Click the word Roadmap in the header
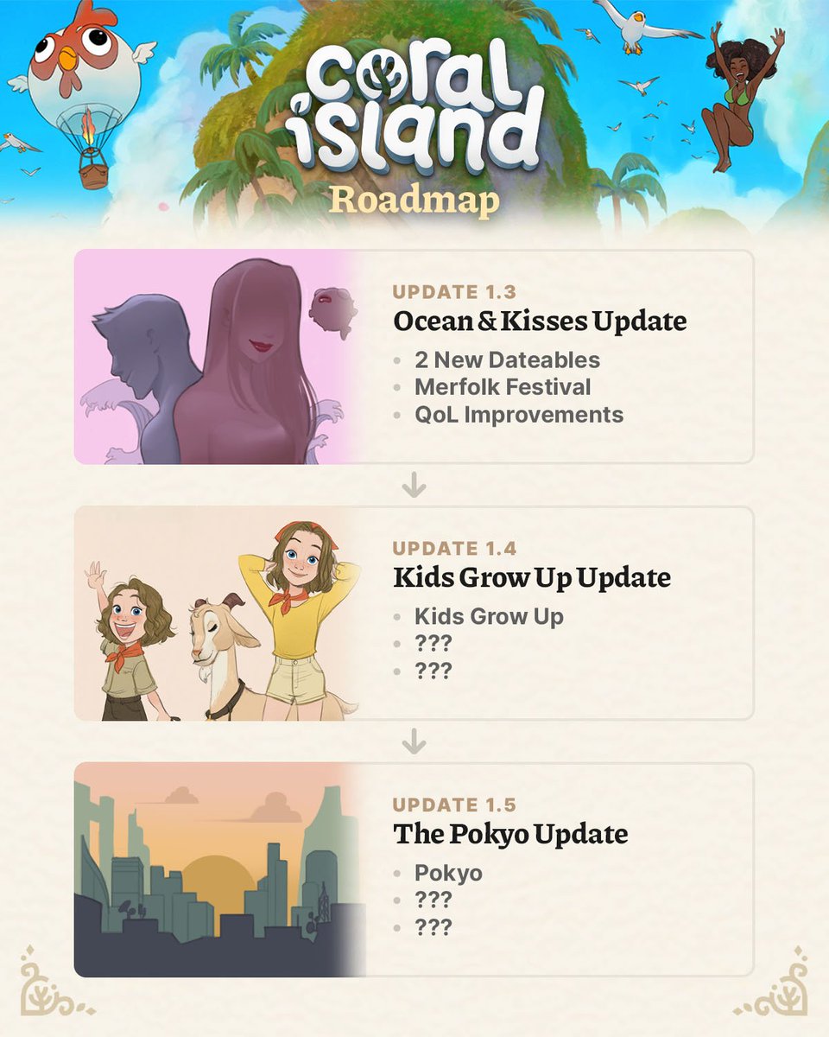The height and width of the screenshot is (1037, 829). (415, 200)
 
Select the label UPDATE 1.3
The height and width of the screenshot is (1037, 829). (455, 291)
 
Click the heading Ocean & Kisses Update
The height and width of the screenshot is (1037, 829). (540, 322)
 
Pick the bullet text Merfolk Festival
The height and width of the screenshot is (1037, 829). (503, 386)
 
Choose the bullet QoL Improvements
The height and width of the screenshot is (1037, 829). (518, 414)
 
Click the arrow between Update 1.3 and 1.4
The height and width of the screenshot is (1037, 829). (414, 487)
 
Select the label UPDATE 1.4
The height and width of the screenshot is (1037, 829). (455, 548)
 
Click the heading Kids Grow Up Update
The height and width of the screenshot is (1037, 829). (532, 578)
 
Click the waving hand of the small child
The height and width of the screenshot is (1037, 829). (95, 574)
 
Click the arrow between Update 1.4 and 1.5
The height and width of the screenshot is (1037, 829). (414, 741)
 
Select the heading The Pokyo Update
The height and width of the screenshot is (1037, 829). (510, 835)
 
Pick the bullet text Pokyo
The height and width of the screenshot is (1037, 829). (448, 873)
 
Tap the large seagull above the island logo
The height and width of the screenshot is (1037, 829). (640, 26)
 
